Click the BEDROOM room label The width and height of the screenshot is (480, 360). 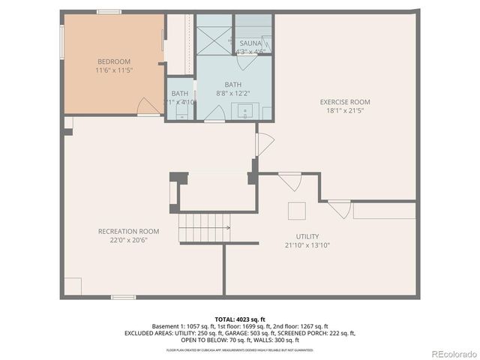[x=113, y=61]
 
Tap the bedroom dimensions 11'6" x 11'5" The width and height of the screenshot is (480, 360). [x=113, y=70]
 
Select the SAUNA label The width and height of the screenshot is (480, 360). [x=250, y=43]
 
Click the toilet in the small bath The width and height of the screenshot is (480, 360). [x=181, y=113]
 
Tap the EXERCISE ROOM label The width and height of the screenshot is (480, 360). [x=345, y=101]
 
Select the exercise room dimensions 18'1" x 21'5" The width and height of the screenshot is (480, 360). [x=345, y=110]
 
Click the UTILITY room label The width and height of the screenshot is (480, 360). [x=307, y=236]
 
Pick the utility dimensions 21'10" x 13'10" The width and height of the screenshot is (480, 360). [x=307, y=245]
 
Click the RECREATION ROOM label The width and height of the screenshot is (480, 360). [x=128, y=231]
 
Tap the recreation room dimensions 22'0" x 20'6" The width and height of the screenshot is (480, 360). [x=128, y=240]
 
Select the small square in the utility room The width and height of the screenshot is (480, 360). [x=298, y=210]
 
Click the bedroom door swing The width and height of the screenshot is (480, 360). [x=148, y=106]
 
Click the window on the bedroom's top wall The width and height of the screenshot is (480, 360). [x=109, y=11]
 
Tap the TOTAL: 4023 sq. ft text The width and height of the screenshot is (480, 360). [x=239, y=319]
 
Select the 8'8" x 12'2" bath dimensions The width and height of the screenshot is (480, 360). [x=232, y=94]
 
